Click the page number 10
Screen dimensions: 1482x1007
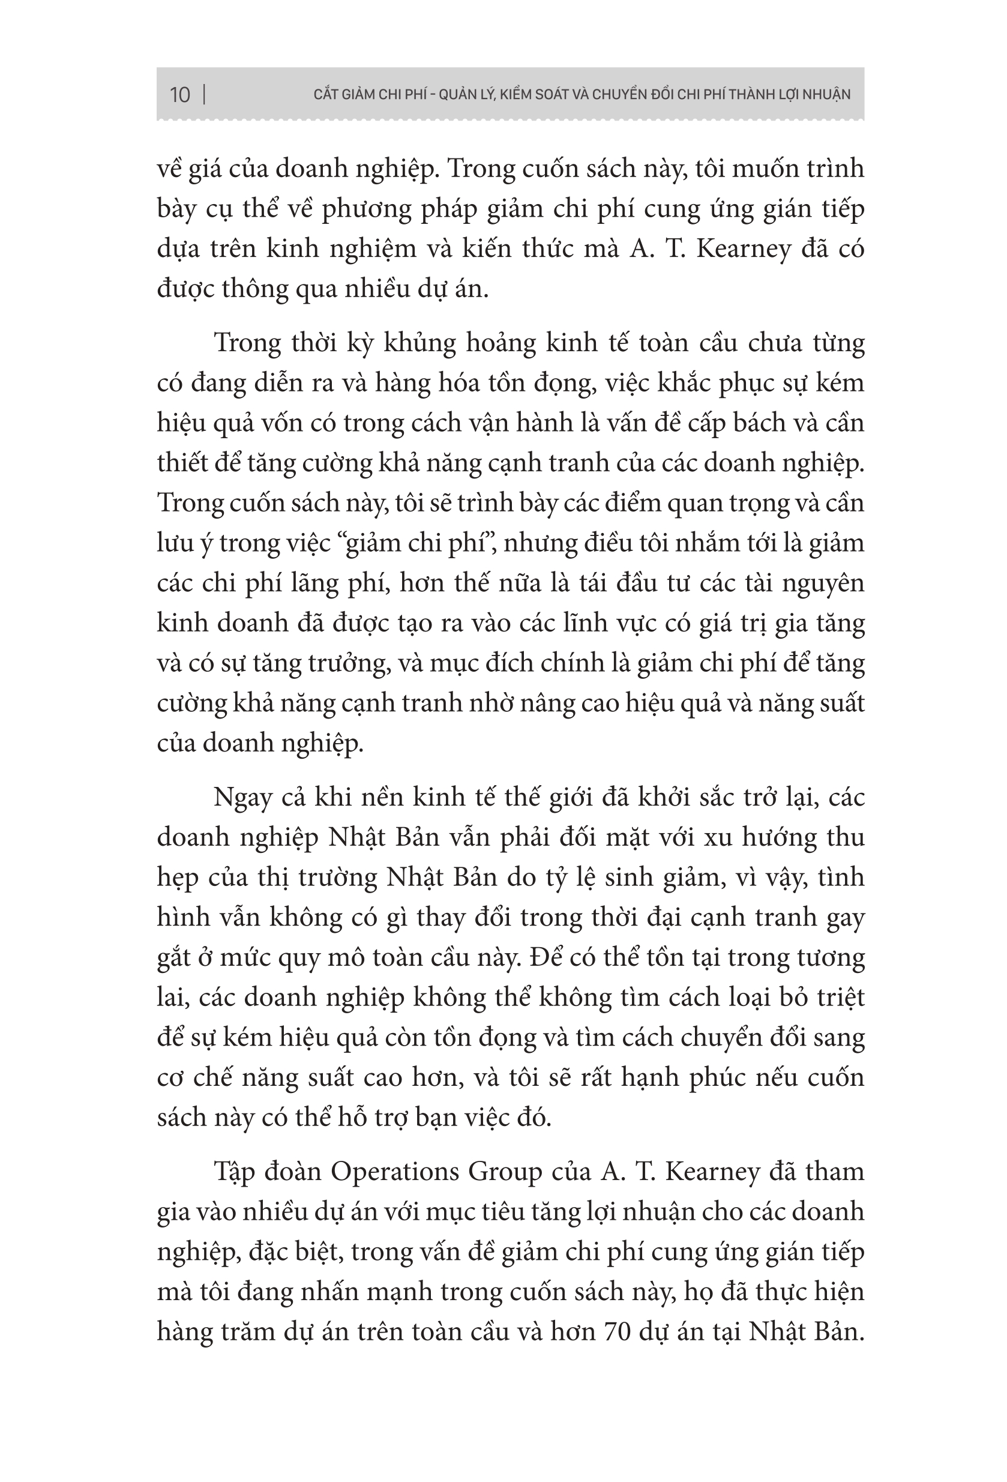180,94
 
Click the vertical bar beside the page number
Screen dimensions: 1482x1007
204,94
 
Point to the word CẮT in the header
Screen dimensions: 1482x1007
325,94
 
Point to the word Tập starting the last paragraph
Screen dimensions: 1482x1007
234,1172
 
